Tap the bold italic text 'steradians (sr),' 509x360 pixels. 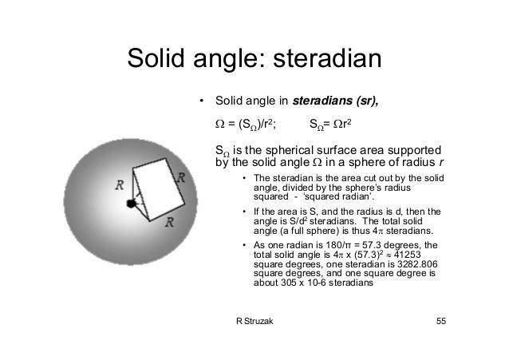pos(336,101)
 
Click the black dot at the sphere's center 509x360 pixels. pos(131,204)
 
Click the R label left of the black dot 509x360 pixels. pos(119,185)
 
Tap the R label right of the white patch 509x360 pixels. pos(183,177)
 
